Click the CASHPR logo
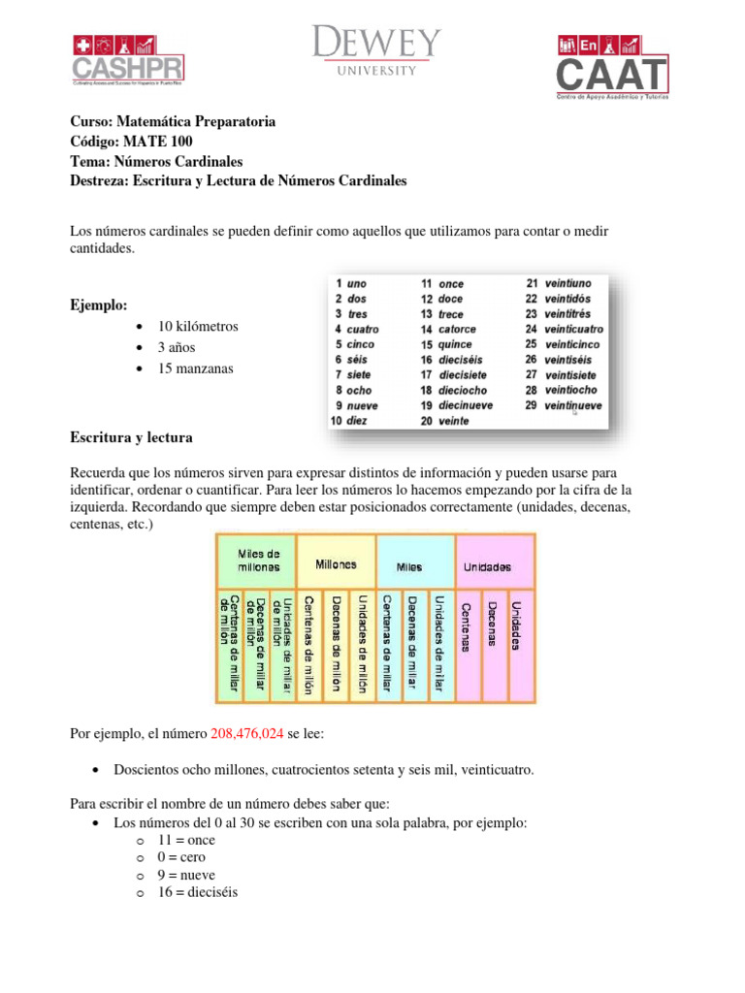tap(128, 60)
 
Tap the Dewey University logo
tap(376, 51)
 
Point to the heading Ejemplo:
tap(98, 305)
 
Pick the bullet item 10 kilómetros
tap(198, 326)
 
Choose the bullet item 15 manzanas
tap(195, 368)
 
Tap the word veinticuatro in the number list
tap(573, 329)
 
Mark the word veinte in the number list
tap(454, 421)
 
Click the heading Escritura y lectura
tap(131, 437)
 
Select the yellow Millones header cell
tap(336, 564)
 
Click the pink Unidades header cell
tap(495, 566)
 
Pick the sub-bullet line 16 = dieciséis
tap(197, 892)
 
